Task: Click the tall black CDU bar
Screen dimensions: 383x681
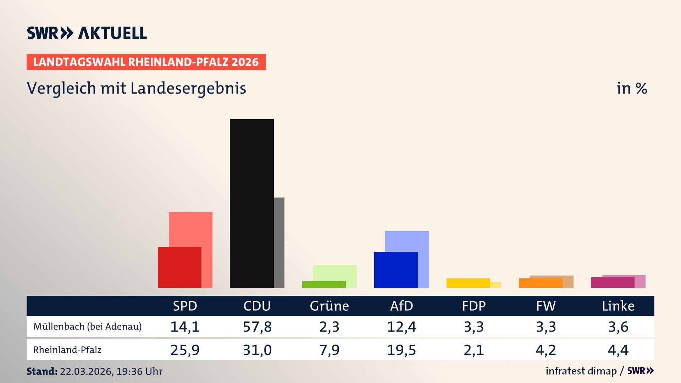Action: [x=251, y=203]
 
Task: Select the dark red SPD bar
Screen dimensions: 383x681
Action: [x=179, y=267]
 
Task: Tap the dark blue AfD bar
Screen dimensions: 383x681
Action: [x=396, y=270]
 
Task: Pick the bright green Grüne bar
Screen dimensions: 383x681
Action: [x=323, y=284]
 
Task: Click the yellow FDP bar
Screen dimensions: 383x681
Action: [x=468, y=283]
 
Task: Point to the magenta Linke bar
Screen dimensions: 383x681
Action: [x=612, y=283]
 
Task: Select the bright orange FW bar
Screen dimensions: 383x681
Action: [x=540, y=283]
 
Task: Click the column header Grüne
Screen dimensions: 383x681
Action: [x=329, y=306]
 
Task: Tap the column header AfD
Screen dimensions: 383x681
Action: [x=402, y=306]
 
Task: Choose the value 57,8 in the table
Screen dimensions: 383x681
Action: [x=257, y=327]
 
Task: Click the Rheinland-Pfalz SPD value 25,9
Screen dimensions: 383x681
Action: [x=185, y=350]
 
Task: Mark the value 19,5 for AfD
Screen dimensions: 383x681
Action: [x=402, y=350]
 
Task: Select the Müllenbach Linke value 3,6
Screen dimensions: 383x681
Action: [x=618, y=327]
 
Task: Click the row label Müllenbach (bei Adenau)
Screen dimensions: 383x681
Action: [x=87, y=327]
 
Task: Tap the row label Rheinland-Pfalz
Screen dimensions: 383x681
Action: [x=67, y=350]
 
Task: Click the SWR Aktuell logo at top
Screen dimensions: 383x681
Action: [x=87, y=33]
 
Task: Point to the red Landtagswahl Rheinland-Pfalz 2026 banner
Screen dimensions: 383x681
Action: [x=146, y=62]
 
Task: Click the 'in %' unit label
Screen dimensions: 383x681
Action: [x=631, y=88]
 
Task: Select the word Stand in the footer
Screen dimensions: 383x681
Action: [x=42, y=371]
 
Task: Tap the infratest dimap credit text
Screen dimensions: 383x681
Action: [x=581, y=371]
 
